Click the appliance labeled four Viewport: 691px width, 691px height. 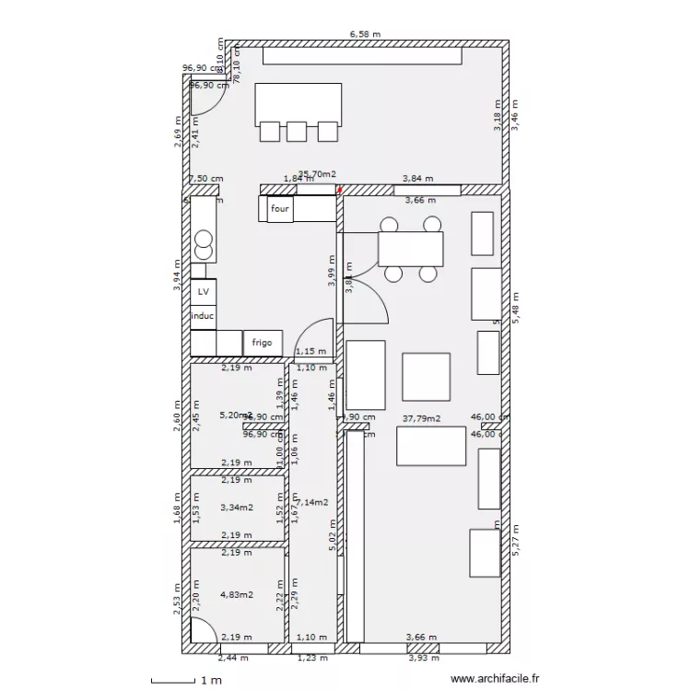(280, 209)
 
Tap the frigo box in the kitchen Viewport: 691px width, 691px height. (263, 343)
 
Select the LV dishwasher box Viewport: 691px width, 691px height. (203, 291)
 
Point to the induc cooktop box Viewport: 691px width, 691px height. (203, 316)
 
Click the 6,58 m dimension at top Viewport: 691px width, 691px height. (365, 34)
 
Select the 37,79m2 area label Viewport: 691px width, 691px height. (422, 417)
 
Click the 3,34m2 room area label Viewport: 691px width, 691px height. (236, 507)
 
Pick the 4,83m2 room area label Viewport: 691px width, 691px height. (236, 595)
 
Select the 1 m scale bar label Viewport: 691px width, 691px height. (210, 681)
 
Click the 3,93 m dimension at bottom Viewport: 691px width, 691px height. (423, 658)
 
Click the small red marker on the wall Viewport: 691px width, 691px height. (339, 190)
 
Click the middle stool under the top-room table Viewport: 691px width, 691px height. (296, 132)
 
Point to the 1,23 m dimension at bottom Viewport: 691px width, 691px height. (310, 658)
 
